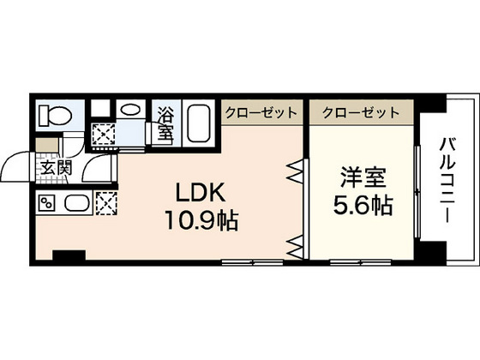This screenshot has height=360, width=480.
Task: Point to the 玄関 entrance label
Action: tap(54, 168)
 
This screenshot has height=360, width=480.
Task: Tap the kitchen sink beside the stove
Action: tap(75, 204)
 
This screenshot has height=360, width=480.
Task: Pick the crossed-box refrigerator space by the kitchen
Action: tap(106, 204)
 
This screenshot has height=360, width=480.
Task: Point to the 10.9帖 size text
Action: tap(201, 219)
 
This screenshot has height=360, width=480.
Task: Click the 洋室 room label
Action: tap(362, 181)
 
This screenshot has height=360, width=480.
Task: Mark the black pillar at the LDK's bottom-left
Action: tap(69, 256)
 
